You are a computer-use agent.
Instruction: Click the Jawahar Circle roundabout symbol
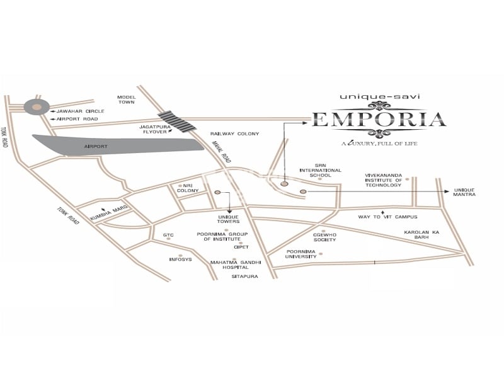tap(37, 106)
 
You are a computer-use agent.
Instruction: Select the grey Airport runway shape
tap(120, 144)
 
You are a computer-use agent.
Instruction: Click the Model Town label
tap(126, 100)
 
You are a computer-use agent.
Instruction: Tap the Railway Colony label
tap(235, 134)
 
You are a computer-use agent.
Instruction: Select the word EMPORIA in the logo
tap(379, 119)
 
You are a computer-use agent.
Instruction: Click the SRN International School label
tap(320, 170)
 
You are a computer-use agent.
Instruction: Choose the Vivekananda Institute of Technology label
tap(383, 180)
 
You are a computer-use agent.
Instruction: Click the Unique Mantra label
tap(464, 192)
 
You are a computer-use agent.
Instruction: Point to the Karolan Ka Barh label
tap(425, 235)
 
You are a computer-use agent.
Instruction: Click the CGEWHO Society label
tap(324, 237)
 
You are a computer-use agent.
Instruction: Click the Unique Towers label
tap(229, 219)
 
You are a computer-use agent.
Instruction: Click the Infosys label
tap(180, 259)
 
